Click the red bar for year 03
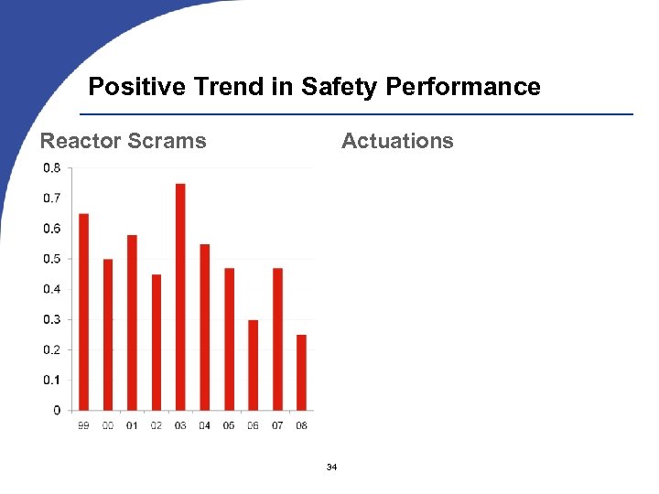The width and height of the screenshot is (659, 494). [x=180, y=296]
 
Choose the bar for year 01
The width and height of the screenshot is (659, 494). [x=132, y=322]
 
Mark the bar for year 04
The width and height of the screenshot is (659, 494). [x=204, y=327]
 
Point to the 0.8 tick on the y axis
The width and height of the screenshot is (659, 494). [x=52, y=168]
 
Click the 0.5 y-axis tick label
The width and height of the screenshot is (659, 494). [x=52, y=259]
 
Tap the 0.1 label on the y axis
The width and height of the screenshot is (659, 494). [x=52, y=380]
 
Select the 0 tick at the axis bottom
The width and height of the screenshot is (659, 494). [x=58, y=410]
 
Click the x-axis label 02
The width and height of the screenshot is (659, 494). [x=156, y=426]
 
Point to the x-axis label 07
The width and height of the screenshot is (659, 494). [x=277, y=426]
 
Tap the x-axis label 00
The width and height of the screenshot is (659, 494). [x=108, y=426]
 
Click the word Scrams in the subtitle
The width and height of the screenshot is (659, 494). [x=166, y=141]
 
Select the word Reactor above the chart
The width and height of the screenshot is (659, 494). [x=80, y=141]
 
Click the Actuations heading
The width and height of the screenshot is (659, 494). [x=397, y=141]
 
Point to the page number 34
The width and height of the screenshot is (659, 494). [x=331, y=468]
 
